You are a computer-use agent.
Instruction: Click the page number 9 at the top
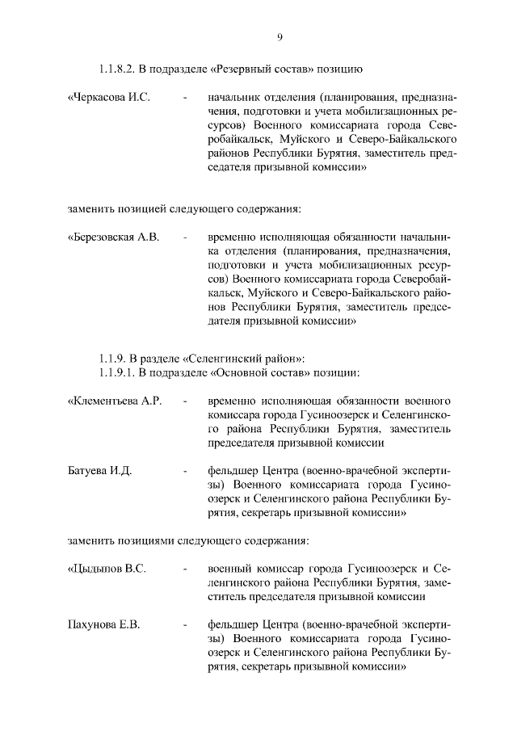[279, 36]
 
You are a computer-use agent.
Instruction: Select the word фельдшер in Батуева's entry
[230, 470]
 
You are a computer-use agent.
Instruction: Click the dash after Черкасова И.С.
[185, 99]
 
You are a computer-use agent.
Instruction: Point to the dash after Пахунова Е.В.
[185, 625]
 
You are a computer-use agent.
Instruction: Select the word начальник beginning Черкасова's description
[233, 98]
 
